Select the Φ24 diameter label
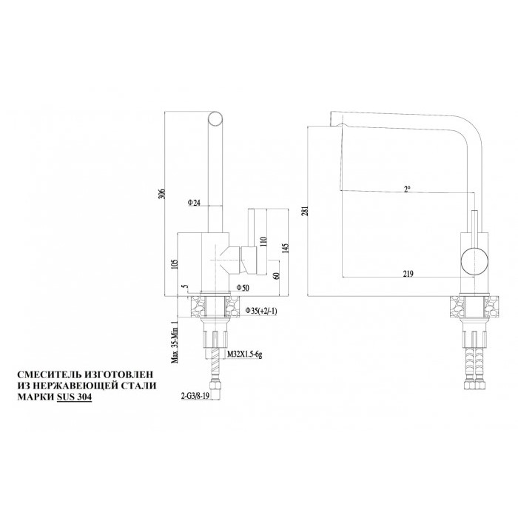[x=195, y=202]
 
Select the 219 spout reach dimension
[x=407, y=274]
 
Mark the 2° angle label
[x=407, y=189]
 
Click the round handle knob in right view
[x=474, y=260]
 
